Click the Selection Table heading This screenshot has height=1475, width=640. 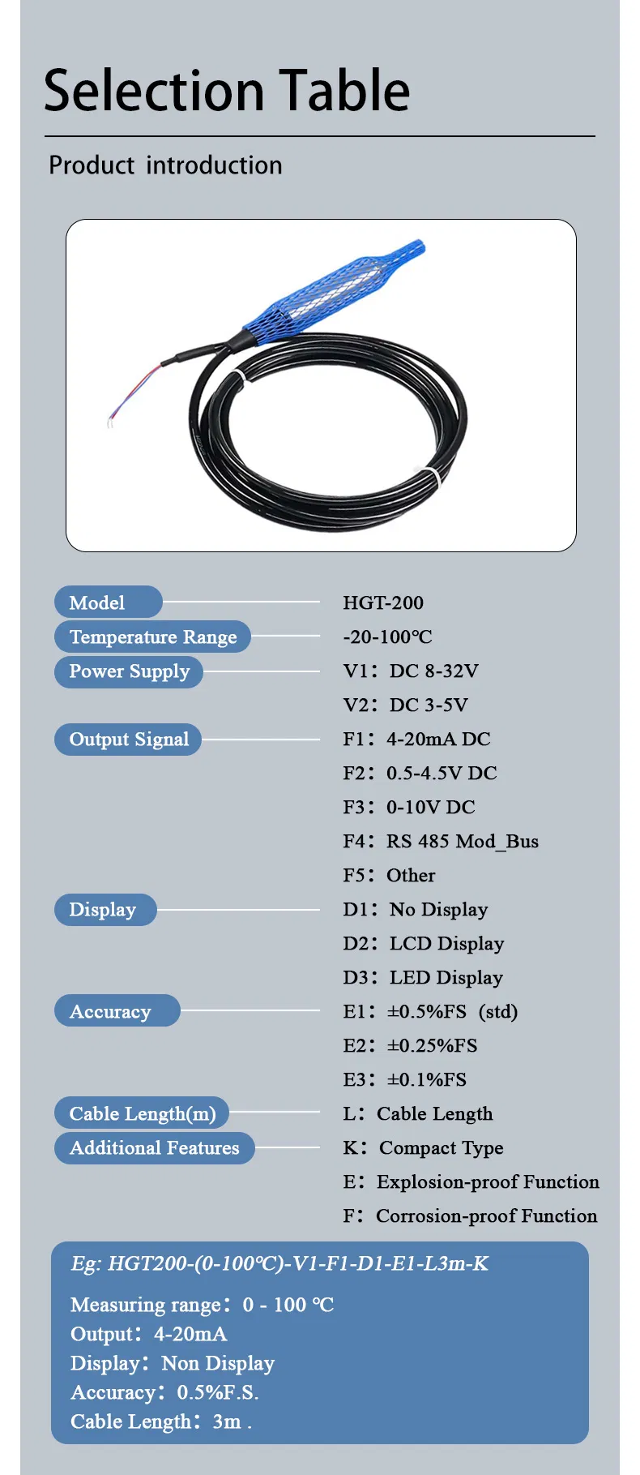(x=227, y=90)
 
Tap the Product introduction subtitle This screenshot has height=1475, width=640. (x=165, y=165)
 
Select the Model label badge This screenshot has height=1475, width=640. (x=108, y=602)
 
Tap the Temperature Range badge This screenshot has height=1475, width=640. (x=152, y=637)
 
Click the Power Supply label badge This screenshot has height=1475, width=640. (x=128, y=671)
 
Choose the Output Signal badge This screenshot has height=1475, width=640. (x=128, y=740)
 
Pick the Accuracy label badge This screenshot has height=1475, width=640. (x=117, y=1011)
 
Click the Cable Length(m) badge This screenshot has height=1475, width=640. (x=142, y=1113)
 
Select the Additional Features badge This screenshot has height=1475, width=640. (x=154, y=1147)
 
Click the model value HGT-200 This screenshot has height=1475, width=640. (x=383, y=602)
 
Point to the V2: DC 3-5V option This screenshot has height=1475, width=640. (x=405, y=705)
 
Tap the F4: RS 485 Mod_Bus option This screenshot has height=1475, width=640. (x=441, y=841)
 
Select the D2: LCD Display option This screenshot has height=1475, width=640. (x=423, y=943)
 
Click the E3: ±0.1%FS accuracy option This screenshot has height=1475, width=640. (x=404, y=1079)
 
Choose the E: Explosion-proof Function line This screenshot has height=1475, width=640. (x=471, y=1181)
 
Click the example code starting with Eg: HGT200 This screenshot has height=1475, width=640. (x=279, y=1263)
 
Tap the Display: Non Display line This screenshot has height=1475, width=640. (x=173, y=1363)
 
